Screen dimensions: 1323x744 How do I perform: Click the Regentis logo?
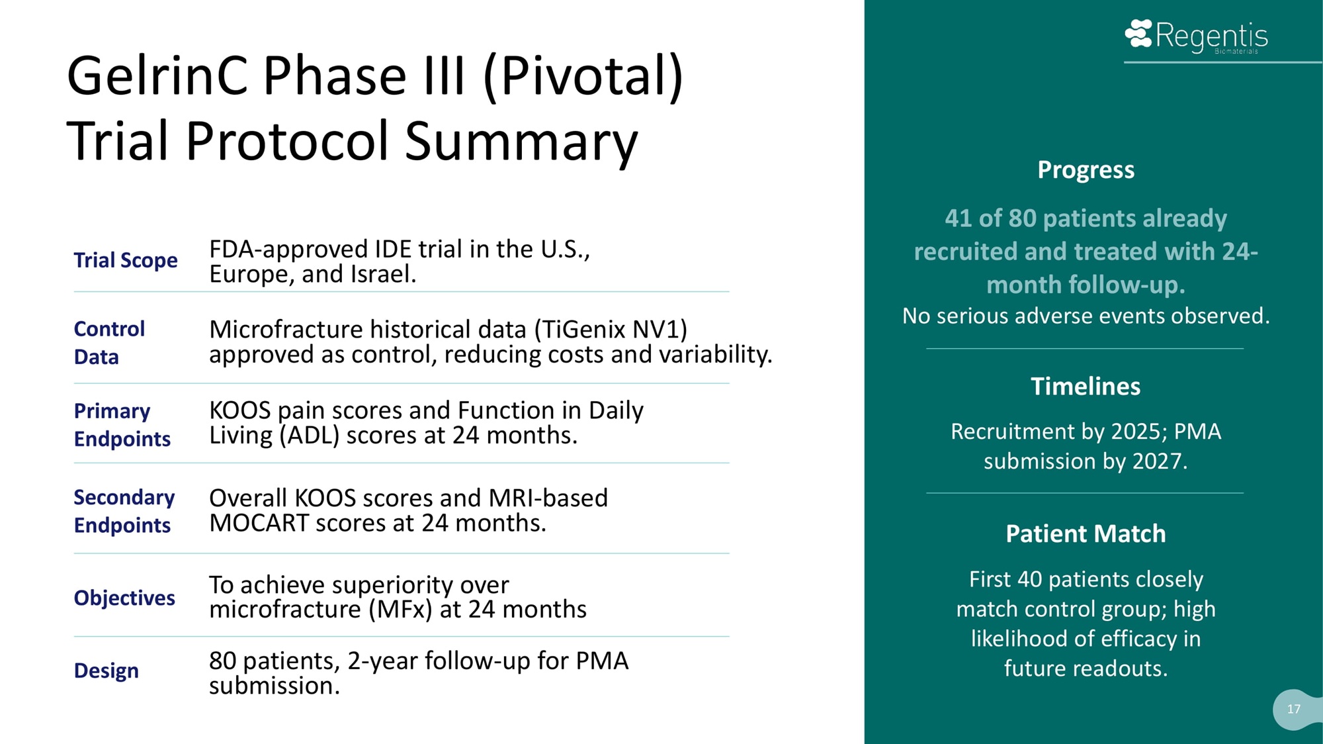pos(1196,36)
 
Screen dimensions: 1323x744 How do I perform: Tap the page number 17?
pos(1294,709)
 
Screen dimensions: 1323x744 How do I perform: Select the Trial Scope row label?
pos(126,260)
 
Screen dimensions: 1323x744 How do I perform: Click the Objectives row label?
pos(124,598)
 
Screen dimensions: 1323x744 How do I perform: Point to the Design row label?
pos(107,671)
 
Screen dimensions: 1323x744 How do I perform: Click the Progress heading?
pos(1086,169)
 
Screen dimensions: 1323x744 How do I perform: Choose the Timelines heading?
pos(1086,386)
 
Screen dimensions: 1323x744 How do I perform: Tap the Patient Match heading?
pos(1086,534)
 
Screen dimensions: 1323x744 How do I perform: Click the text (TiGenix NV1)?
pos(611,329)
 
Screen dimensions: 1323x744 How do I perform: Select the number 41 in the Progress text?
pos(958,218)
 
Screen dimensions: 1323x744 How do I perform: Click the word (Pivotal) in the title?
pos(583,77)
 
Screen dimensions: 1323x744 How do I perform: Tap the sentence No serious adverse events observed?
pos(1086,316)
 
